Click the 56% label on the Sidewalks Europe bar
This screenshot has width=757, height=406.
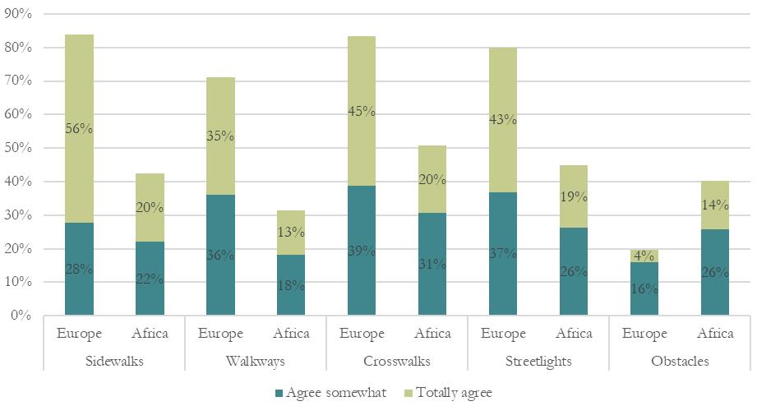coord(80,128)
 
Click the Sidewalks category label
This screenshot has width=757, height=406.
coord(113,362)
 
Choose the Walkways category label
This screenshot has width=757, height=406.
coord(256,362)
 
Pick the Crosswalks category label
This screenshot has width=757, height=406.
coord(397,362)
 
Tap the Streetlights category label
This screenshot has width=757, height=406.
coord(538,362)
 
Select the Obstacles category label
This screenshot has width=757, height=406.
coord(680,362)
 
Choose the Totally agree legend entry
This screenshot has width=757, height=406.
coord(450,393)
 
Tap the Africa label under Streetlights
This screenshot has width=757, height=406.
coord(574,334)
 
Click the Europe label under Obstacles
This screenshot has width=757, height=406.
coord(644,334)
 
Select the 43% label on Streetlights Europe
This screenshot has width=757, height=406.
coord(503,120)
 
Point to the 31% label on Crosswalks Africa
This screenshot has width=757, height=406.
coord(432,264)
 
